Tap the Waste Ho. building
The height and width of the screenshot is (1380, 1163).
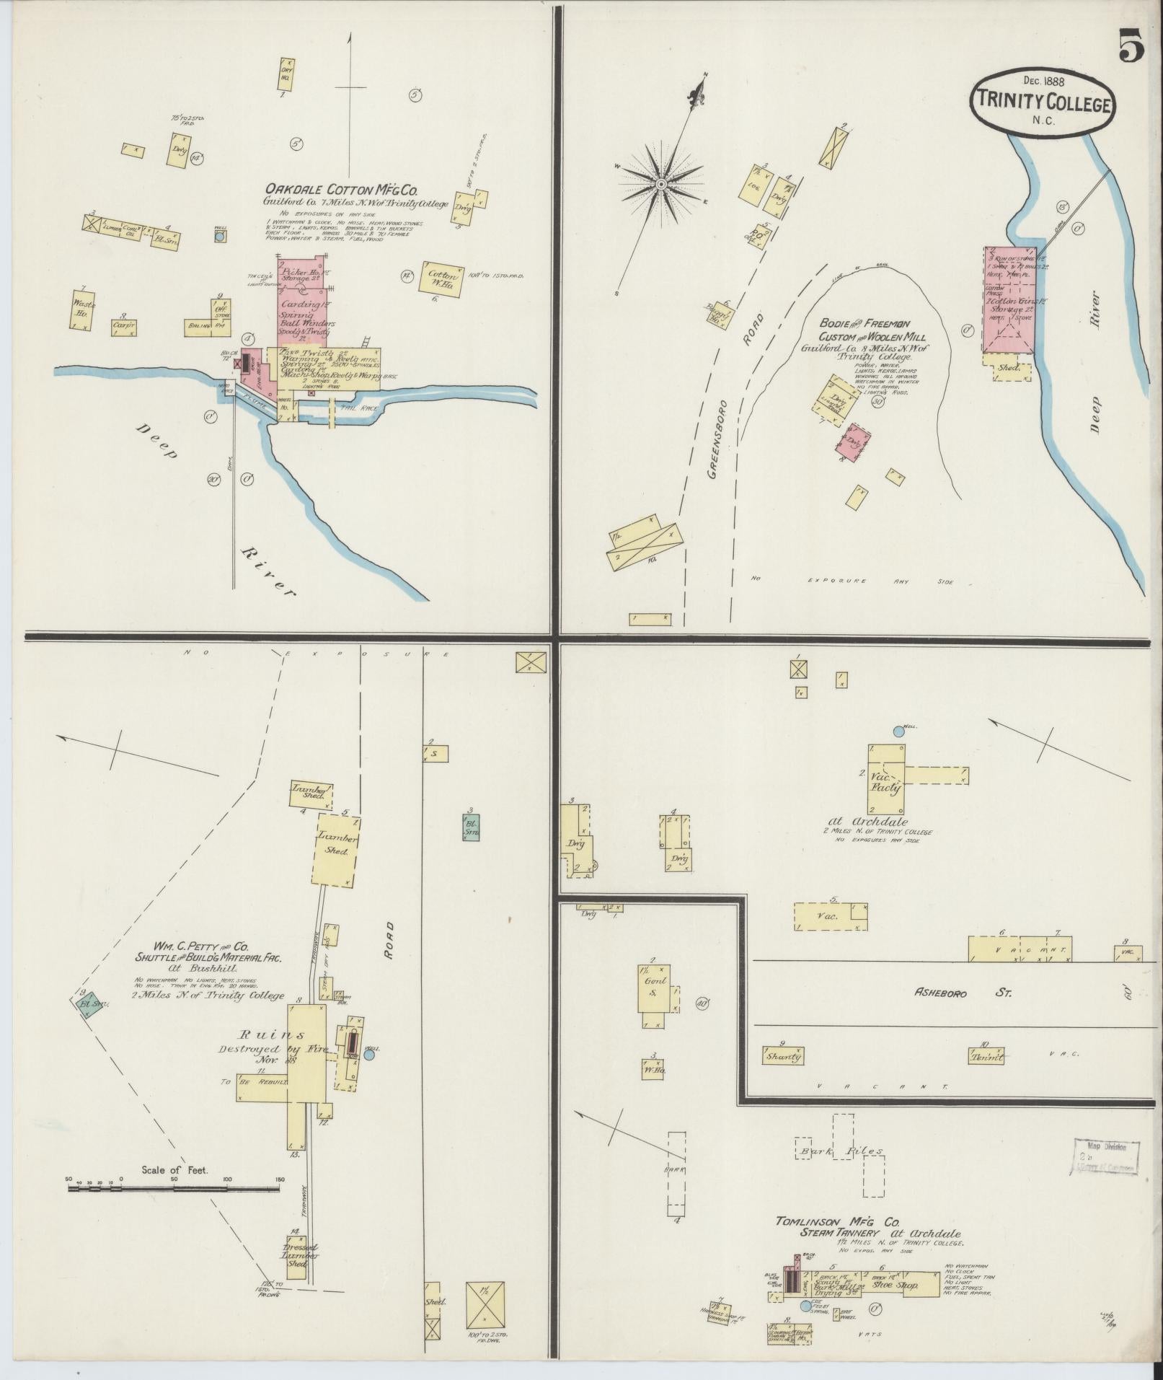click(x=85, y=310)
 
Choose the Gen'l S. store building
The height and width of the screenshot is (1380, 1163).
click(x=657, y=988)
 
